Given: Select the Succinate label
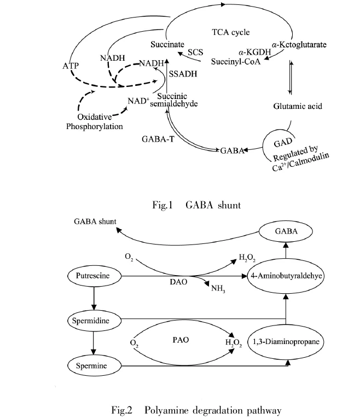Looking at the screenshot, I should (x=168, y=43).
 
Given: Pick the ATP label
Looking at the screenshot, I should (x=71, y=66).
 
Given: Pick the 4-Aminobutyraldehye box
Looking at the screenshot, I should (x=286, y=277).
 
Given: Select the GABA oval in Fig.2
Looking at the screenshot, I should (x=286, y=231).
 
